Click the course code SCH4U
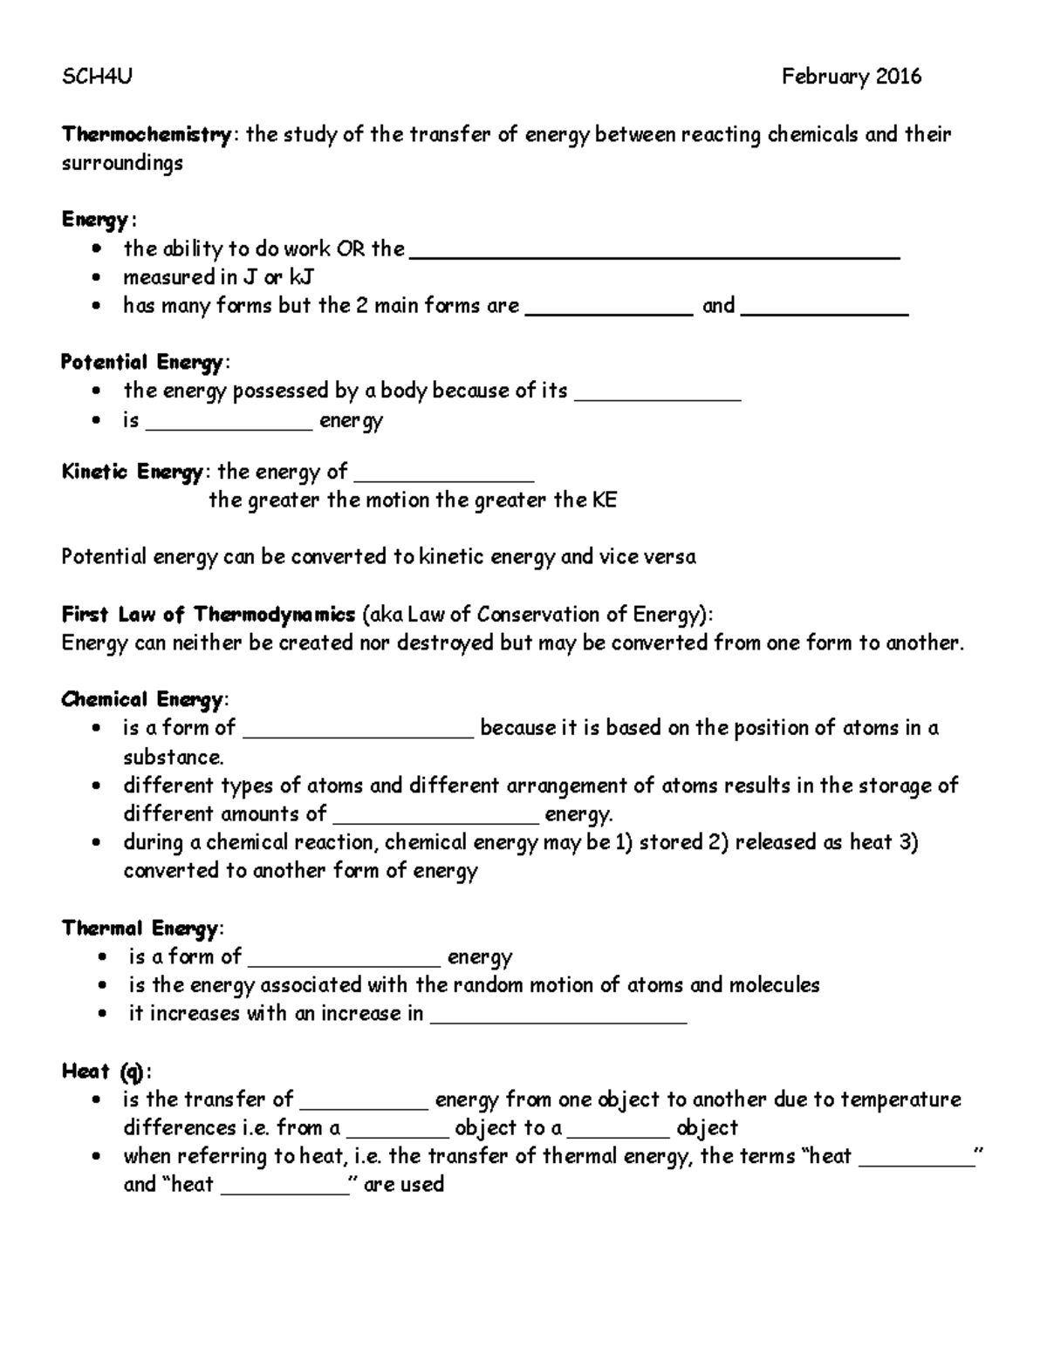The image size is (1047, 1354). [x=96, y=77]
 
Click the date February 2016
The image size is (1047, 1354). [x=851, y=77]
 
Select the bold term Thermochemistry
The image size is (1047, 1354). [x=146, y=134]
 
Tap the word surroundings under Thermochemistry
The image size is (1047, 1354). [x=121, y=163]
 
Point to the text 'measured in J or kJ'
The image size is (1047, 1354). [x=218, y=277]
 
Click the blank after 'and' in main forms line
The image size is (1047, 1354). [x=825, y=310]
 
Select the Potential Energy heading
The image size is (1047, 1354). [x=143, y=362]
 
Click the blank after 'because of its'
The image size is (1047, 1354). [x=660, y=396]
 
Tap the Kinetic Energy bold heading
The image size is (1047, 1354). [x=132, y=473]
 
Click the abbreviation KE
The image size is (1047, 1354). [x=604, y=500]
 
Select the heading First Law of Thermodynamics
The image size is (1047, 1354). [x=208, y=615]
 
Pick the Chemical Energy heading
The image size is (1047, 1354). [x=142, y=699]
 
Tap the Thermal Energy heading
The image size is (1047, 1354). [x=140, y=928]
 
